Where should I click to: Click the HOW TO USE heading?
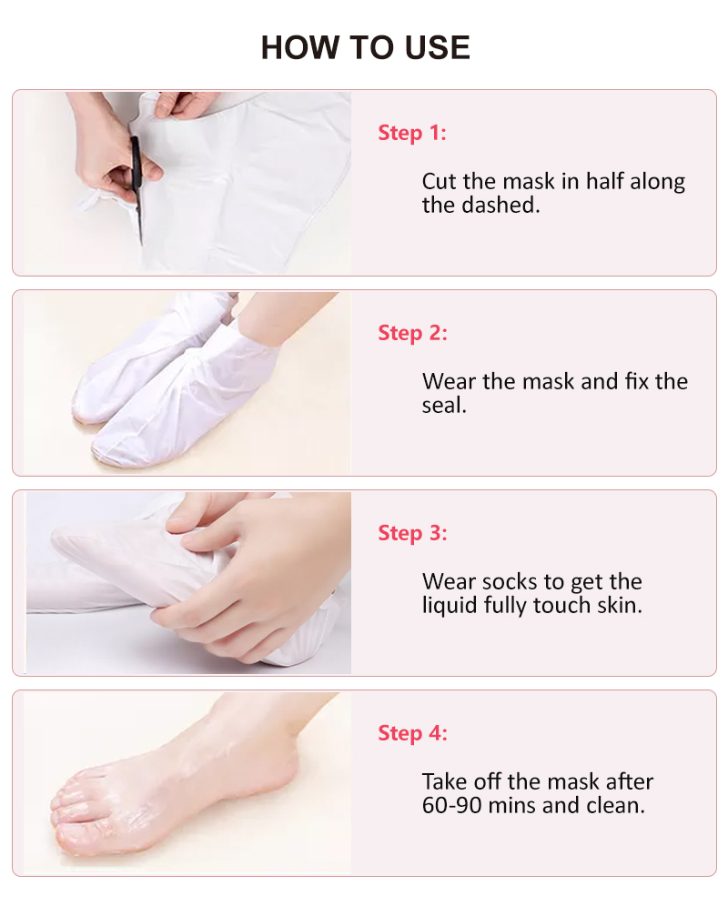click(x=365, y=47)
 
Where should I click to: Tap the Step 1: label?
click(x=412, y=133)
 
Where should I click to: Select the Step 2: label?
click(x=412, y=333)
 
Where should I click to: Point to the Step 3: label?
click(x=412, y=533)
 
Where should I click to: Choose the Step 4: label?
click(x=412, y=733)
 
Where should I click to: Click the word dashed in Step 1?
click(x=502, y=205)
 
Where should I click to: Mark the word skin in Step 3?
click(x=621, y=605)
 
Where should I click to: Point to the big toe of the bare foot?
click(x=73, y=810)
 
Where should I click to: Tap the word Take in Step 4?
click(x=444, y=781)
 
